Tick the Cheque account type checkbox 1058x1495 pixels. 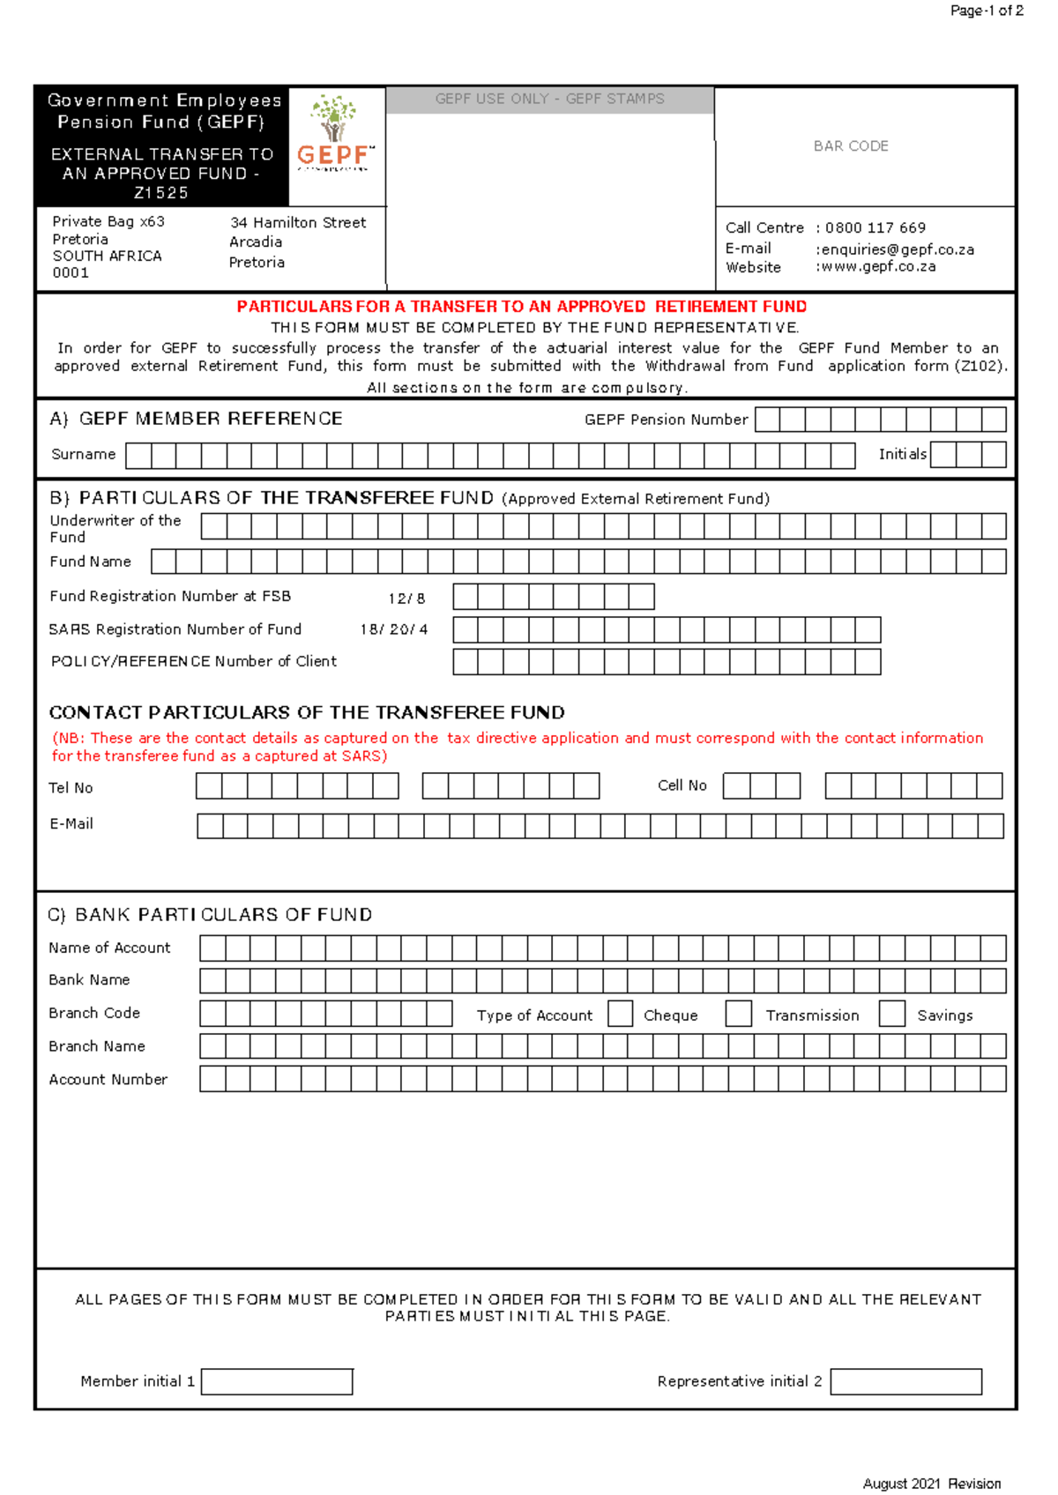pos(621,1014)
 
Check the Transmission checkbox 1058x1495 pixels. pos(738,1014)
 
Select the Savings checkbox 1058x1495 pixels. pos(892,1014)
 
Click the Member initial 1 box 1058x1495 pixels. pos(277,1381)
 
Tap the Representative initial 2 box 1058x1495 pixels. pos(905,1381)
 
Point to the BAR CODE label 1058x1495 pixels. pos(851,146)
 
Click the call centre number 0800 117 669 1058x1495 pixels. pos(875,227)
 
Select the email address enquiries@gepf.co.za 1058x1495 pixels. pos(898,249)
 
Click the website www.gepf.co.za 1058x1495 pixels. pos(878,266)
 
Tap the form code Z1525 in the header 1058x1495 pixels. pos(160,193)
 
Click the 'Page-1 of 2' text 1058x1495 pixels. pos(986,11)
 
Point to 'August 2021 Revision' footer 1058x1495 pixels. pos(931,1484)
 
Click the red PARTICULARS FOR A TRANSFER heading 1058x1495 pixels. pos(521,307)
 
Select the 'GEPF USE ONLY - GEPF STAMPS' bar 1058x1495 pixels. pos(549,100)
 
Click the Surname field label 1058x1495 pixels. pos(84,454)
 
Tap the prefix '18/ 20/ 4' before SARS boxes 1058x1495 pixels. pos(393,629)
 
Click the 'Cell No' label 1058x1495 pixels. pos(682,785)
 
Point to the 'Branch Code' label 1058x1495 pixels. pos(94,1013)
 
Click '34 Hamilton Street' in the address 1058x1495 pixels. pos(298,223)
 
